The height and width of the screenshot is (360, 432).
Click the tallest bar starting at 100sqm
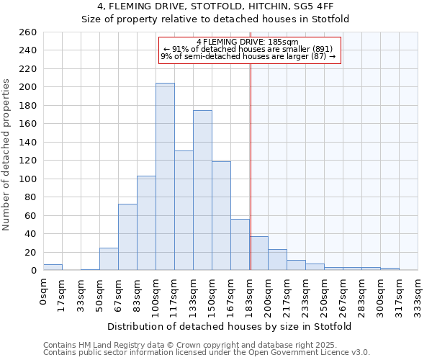pos(165,176)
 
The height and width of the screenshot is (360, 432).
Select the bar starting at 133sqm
pos(202,191)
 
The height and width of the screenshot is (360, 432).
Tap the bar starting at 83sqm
pos(146,223)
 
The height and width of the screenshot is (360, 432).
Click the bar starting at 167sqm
pos(240,245)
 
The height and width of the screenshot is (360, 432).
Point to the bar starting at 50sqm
pos(109,259)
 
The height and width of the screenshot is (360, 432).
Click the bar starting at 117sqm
pos(184,210)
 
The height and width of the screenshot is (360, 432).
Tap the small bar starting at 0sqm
pos(53,267)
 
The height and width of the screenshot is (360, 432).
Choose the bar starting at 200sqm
pos(277,260)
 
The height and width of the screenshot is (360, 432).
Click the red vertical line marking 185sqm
pos(251,144)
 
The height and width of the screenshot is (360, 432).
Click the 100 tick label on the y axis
pos(29,179)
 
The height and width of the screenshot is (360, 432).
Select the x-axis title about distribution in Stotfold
pos(230,326)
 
